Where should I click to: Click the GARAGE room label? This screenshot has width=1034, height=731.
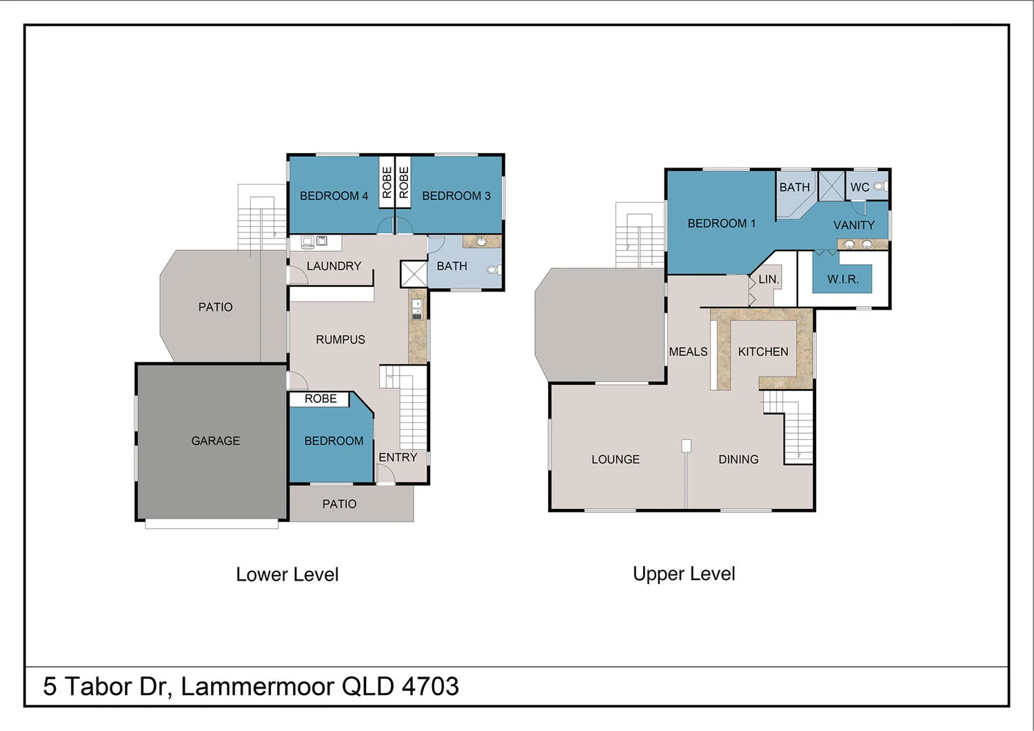click(216, 441)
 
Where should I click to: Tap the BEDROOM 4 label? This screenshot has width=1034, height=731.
click(334, 196)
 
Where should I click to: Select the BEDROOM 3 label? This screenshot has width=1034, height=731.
click(456, 196)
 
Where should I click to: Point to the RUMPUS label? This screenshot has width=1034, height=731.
click(341, 340)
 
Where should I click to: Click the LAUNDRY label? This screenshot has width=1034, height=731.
click(334, 266)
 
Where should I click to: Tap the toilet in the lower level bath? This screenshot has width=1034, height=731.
click(494, 269)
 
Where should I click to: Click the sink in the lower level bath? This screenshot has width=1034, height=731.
click(481, 241)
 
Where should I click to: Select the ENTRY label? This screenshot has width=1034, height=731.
click(398, 457)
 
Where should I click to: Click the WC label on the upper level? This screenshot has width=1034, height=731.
click(860, 188)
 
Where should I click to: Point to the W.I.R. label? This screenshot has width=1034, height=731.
click(843, 279)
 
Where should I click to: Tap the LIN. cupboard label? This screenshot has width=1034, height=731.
click(769, 279)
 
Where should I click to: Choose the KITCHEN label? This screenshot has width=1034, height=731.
click(763, 352)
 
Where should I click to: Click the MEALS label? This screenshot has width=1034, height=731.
click(688, 352)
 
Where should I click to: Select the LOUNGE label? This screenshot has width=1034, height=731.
click(616, 459)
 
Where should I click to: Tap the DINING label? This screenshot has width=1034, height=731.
click(738, 459)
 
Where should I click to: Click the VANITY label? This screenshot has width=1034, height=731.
click(854, 226)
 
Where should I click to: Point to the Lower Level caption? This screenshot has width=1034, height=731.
click(287, 575)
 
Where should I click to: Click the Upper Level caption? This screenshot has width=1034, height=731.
click(684, 574)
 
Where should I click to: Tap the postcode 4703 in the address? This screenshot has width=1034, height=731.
click(430, 686)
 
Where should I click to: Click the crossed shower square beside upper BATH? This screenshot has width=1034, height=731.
click(831, 186)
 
